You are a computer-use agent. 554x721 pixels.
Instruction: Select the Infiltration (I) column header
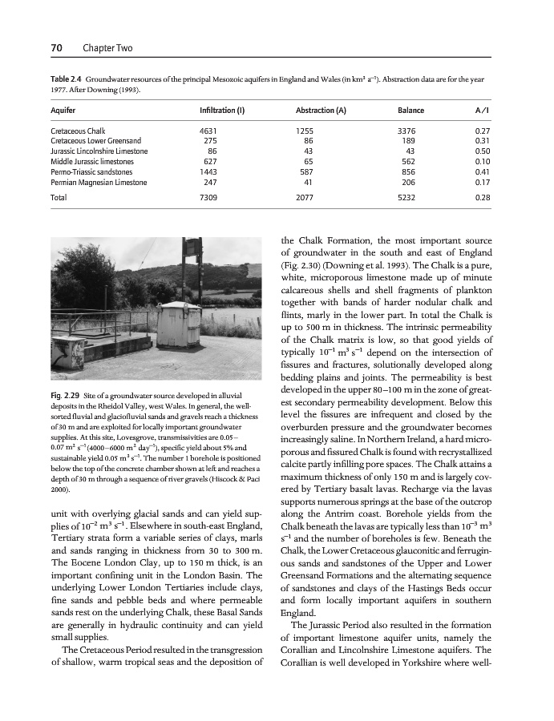coord(221,110)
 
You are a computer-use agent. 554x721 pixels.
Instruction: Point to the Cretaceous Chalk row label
coord(78,130)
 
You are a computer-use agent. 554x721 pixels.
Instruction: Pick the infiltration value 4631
coord(208,130)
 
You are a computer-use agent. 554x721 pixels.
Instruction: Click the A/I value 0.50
coord(482,151)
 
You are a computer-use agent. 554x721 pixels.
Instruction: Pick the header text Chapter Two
coord(107,49)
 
